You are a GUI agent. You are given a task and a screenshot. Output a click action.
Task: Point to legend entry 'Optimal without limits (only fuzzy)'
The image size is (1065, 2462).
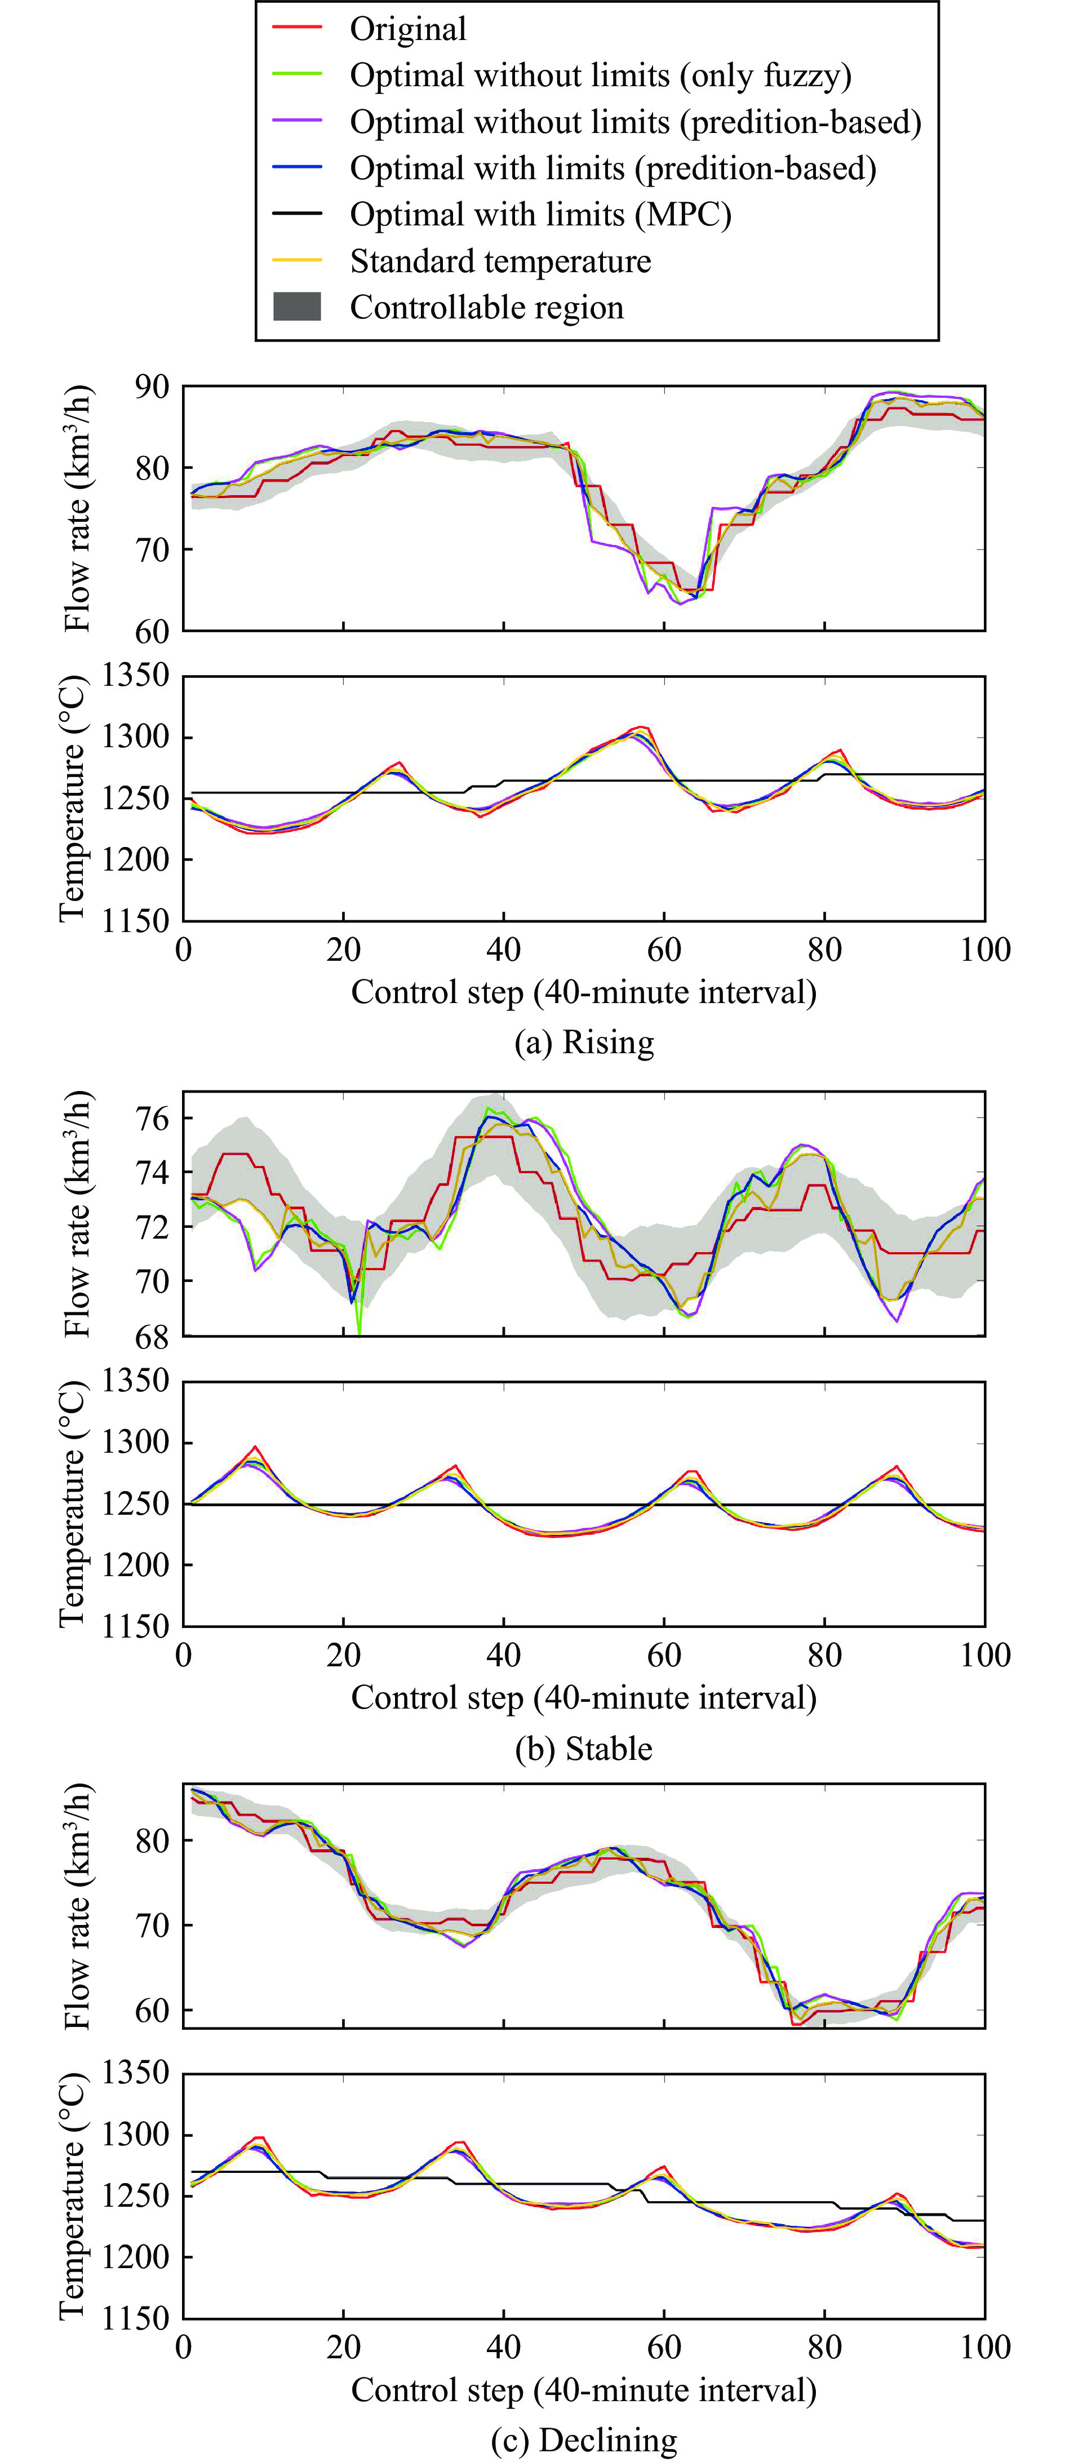click(x=600, y=76)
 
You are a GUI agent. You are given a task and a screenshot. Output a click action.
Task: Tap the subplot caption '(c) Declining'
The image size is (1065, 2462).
click(x=584, y=2439)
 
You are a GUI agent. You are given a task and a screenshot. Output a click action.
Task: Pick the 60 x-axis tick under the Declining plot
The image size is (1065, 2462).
click(x=664, y=2346)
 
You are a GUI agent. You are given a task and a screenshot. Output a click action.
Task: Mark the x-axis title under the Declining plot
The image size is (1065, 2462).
click(x=584, y=2389)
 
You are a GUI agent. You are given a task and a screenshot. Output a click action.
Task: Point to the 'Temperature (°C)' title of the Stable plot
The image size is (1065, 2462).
click(x=73, y=1503)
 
